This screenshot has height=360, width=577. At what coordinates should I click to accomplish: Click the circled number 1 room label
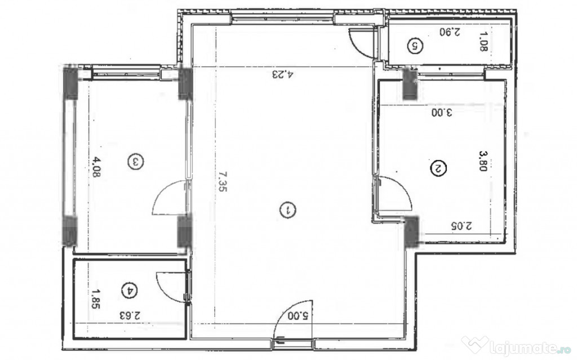[x=288, y=210]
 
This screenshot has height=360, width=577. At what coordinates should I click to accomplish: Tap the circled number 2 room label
[x=438, y=168]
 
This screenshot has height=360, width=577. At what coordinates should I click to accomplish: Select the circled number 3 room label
[x=136, y=162]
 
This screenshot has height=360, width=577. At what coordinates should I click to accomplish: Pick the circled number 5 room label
[x=415, y=46]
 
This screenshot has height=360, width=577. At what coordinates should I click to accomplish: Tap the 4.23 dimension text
[x=283, y=74]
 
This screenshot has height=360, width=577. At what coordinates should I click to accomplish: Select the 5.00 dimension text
[x=298, y=315]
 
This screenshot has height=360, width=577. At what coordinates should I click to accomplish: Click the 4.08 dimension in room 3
[x=96, y=167]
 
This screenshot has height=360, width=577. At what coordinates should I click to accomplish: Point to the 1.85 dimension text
[x=96, y=299]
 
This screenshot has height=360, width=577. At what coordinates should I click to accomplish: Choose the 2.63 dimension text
[x=130, y=315]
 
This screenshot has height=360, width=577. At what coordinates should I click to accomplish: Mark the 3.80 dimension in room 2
[x=483, y=161]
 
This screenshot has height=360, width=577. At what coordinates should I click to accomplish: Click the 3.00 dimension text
[x=442, y=112]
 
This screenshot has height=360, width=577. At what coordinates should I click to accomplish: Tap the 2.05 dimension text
[x=461, y=225]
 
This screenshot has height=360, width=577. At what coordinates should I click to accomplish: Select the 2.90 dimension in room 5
[x=450, y=32]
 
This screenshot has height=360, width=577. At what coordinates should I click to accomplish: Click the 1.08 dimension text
[x=483, y=41]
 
